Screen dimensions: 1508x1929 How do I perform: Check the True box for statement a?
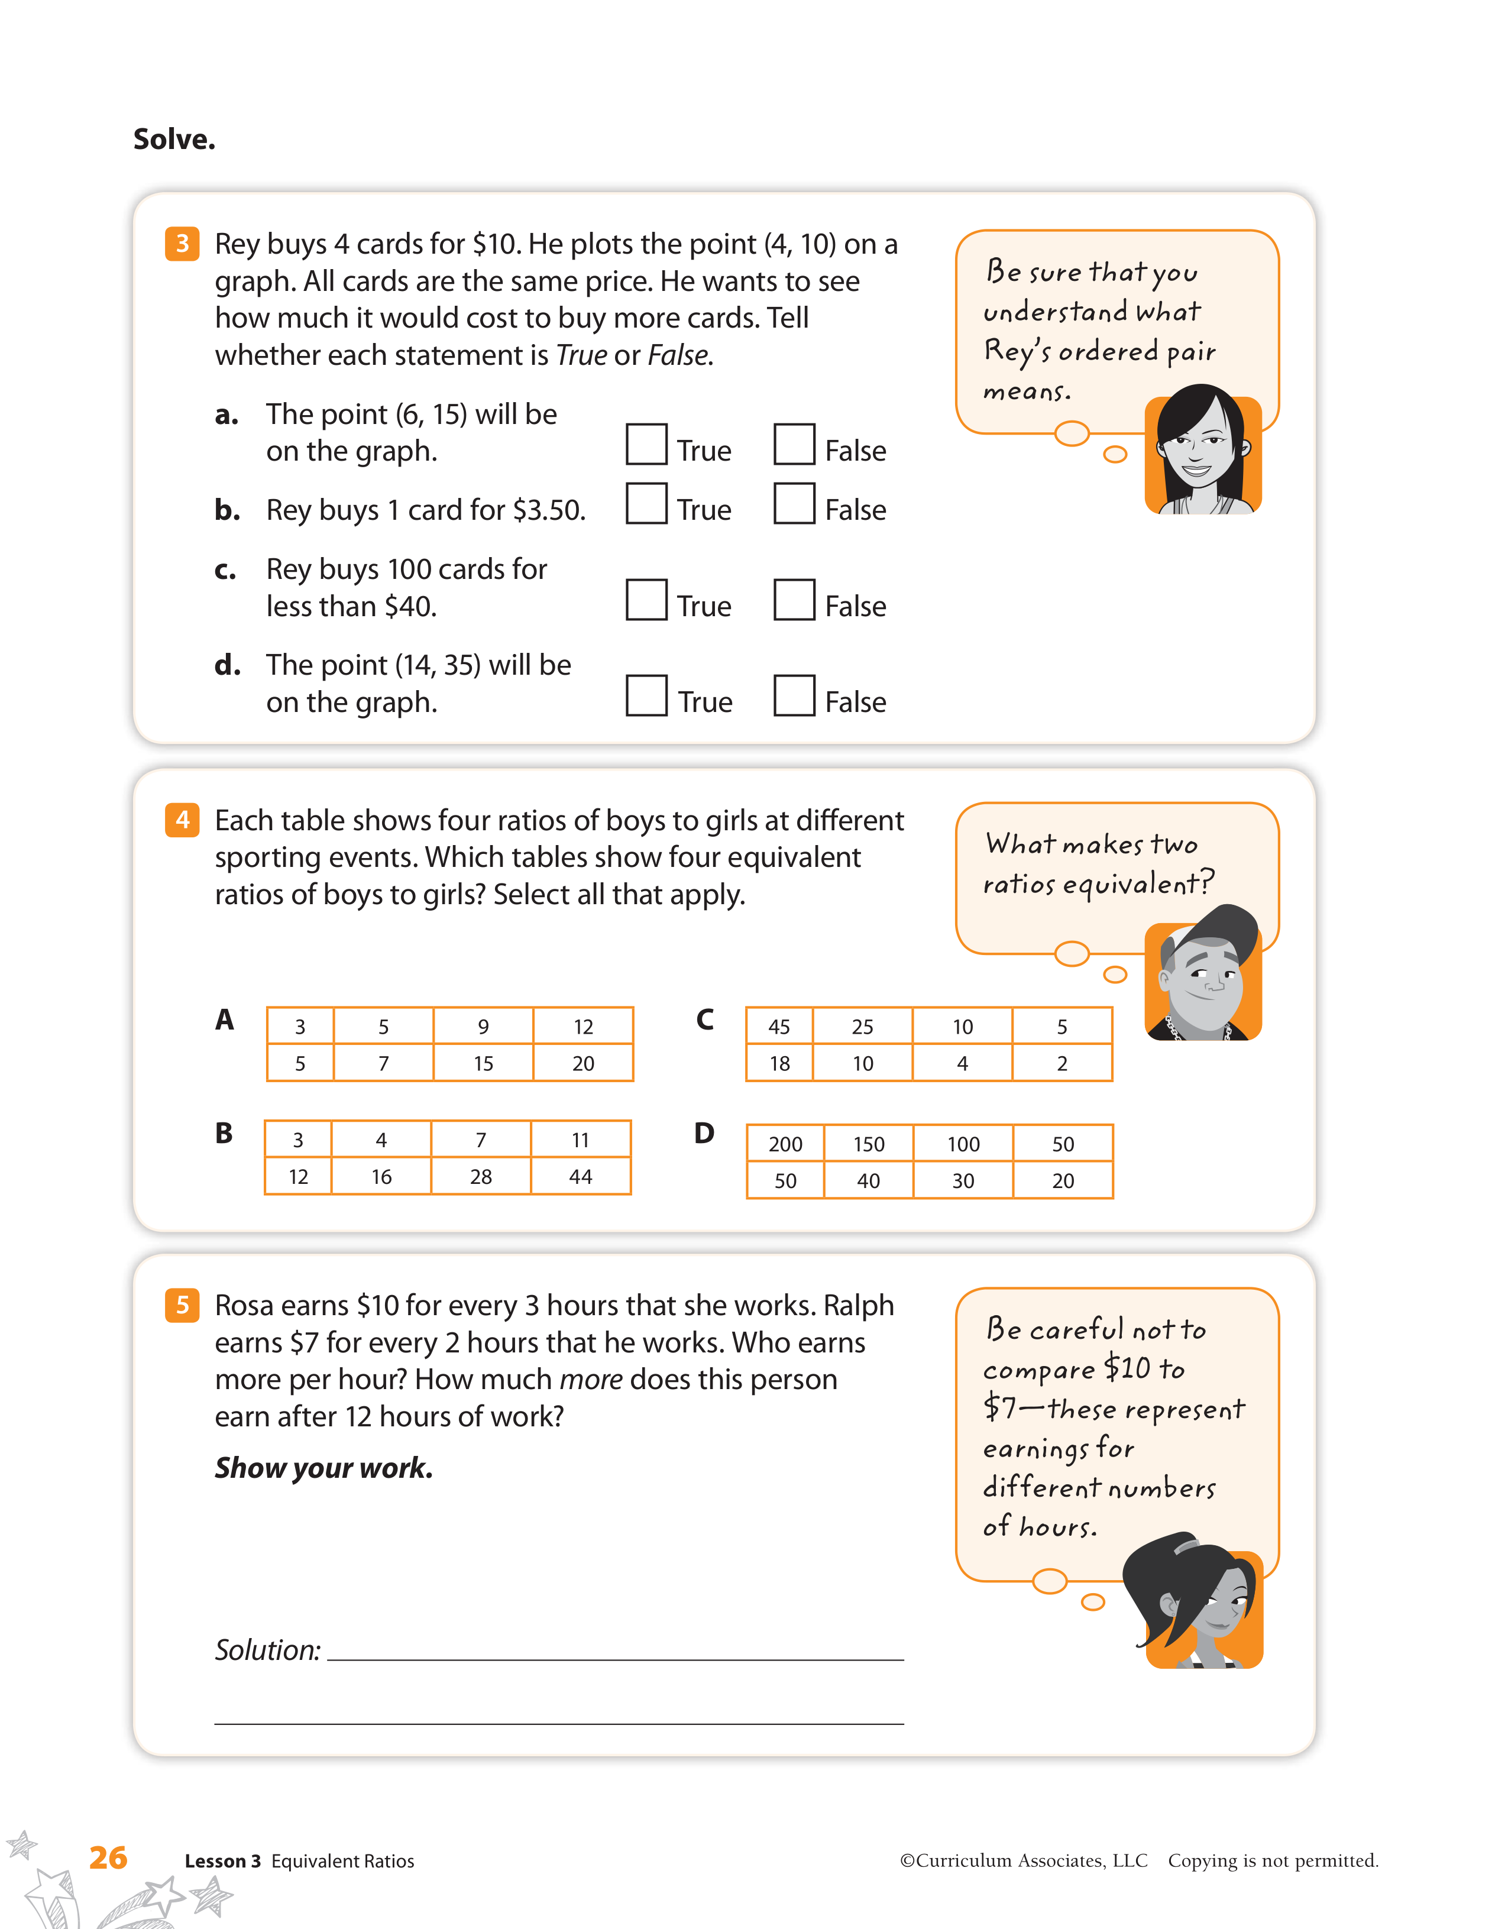coord(646,444)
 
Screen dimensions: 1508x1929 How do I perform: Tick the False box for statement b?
coord(794,503)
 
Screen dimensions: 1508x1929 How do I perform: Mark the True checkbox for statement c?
coord(646,599)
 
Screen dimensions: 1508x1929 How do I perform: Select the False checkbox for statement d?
coord(794,695)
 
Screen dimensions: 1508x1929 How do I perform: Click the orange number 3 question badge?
coord(182,244)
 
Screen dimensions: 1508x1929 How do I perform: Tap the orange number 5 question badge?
coord(182,1305)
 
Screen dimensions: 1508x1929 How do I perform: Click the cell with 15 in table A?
coord(483,1063)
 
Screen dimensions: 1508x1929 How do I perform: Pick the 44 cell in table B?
coord(580,1176)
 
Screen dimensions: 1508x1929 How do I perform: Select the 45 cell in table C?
coord(779,1027)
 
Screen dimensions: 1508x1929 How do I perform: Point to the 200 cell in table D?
coord(785,1144)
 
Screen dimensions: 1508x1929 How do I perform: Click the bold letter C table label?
coord(704,1020)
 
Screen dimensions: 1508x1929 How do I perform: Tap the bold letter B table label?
coord(224,1133)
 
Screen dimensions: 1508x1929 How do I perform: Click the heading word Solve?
coord(174,138)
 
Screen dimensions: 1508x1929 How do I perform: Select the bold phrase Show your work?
coord(324,1468)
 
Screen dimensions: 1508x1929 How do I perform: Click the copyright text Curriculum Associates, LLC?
coord(1024,1861)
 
